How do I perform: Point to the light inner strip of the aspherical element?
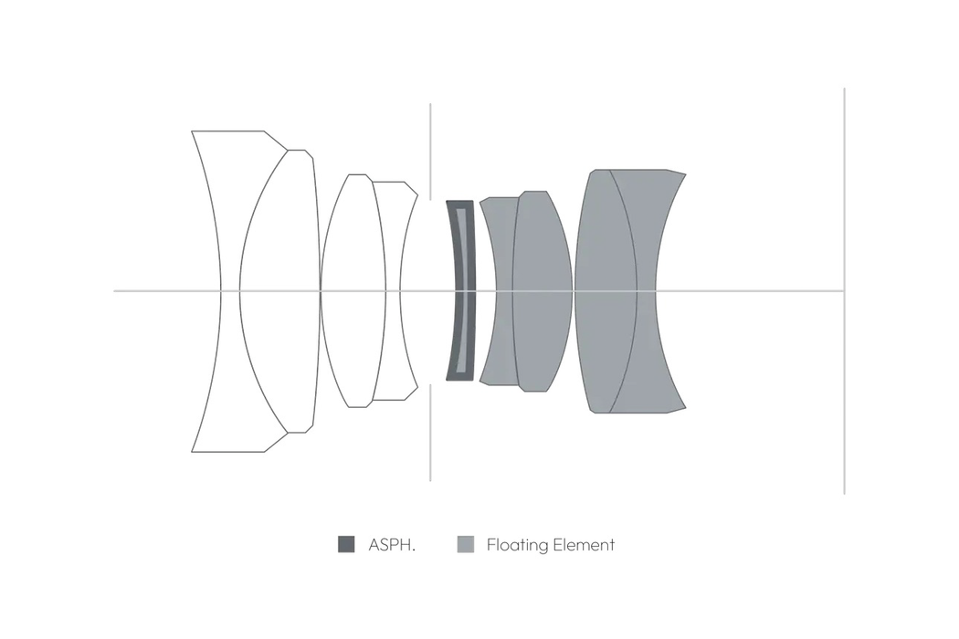[x=466, y=291]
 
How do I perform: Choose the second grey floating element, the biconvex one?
[x=542, y=291]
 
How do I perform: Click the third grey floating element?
[x=606, y=291]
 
